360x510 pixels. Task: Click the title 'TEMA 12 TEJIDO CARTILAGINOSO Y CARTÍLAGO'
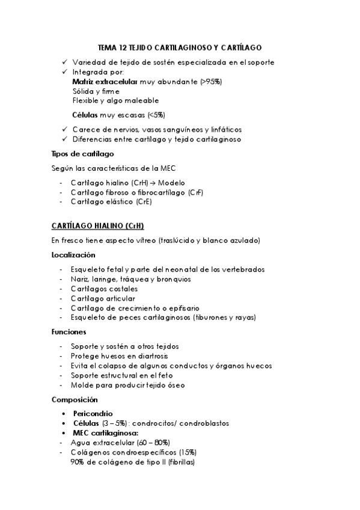(179, 47)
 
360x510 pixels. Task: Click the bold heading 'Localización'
(73, 255)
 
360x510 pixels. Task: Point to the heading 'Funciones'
(69, 331)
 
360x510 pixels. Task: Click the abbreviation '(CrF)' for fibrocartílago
(195, 192)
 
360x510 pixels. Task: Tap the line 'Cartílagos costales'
(103, 289)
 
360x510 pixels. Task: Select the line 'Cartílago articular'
(103, 298)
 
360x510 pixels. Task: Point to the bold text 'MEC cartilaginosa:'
(105, 433)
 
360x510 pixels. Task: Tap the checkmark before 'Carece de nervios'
(65, 129)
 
